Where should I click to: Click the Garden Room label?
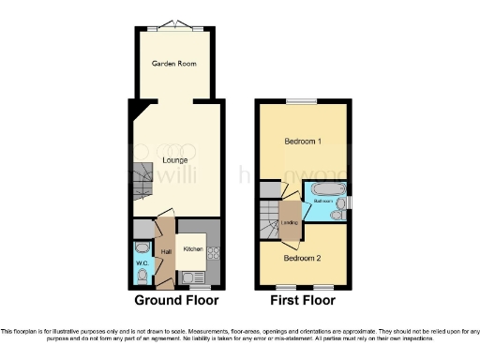pos(172,64)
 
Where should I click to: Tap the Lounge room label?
pos(174,160)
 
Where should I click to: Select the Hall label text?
pos(166,251)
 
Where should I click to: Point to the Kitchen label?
pos(193,248)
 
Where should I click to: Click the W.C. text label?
pos(142,263)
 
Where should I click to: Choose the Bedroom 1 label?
pos(303,142)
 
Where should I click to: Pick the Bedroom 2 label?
pos(303,257)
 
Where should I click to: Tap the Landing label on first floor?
pos(291,222)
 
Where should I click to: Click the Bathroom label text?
pos(324,201)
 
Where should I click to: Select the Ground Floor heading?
pos(176,301)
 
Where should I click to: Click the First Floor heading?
pos(303,301)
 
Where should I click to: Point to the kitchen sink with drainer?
pos(193,276)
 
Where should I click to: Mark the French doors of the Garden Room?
pos(172,24)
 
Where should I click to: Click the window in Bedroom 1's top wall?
pos(302,100)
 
